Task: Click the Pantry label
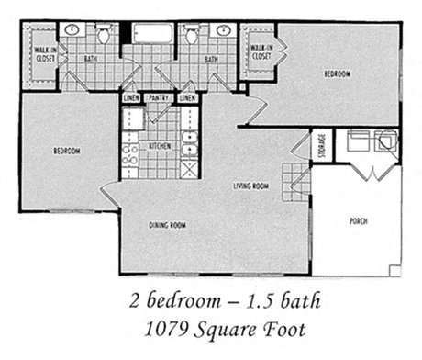157,96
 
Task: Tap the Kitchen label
161,146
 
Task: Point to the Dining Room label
168,224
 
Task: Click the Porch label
359,221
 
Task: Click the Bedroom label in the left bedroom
65,151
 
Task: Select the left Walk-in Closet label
42,52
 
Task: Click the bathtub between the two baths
152,35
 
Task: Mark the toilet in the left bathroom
105,35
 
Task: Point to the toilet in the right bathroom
192,35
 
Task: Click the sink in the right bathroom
223,30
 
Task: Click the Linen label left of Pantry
130,96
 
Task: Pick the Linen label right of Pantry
187,96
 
